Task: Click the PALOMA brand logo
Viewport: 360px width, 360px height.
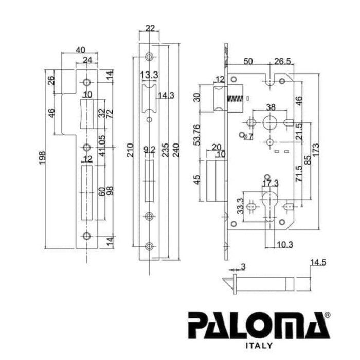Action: coord(259,325)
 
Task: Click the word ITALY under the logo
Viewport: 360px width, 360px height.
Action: coord(259,346)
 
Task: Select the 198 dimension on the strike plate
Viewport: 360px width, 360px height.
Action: coord(42,158)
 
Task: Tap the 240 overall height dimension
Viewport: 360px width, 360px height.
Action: coord(176,150)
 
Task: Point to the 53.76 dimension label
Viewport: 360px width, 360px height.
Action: coord(197,135)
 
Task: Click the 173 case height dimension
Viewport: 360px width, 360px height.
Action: coord(316,150)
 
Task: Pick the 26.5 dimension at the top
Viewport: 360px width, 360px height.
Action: coord(282,61)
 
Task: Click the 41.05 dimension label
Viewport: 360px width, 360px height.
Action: coord(102,146)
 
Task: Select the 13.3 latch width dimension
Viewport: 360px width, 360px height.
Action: coord(149,75)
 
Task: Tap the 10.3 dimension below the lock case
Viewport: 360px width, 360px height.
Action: coord(285,245)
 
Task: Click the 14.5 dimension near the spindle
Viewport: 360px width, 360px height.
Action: coord(318,262)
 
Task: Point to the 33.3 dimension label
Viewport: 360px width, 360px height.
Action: coord(240,206)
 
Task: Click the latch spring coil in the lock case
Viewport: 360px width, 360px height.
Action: coord(235,99)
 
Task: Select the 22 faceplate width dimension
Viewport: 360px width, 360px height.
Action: coord(150,28)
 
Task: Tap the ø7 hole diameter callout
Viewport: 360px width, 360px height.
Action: coord(248,137)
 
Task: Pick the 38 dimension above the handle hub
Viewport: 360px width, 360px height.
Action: coord(271,107)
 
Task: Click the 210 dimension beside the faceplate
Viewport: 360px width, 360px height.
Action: coord(130,150)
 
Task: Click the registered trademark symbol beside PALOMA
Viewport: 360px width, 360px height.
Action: coord(328,315)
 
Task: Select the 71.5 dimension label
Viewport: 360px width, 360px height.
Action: coord(299,174)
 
